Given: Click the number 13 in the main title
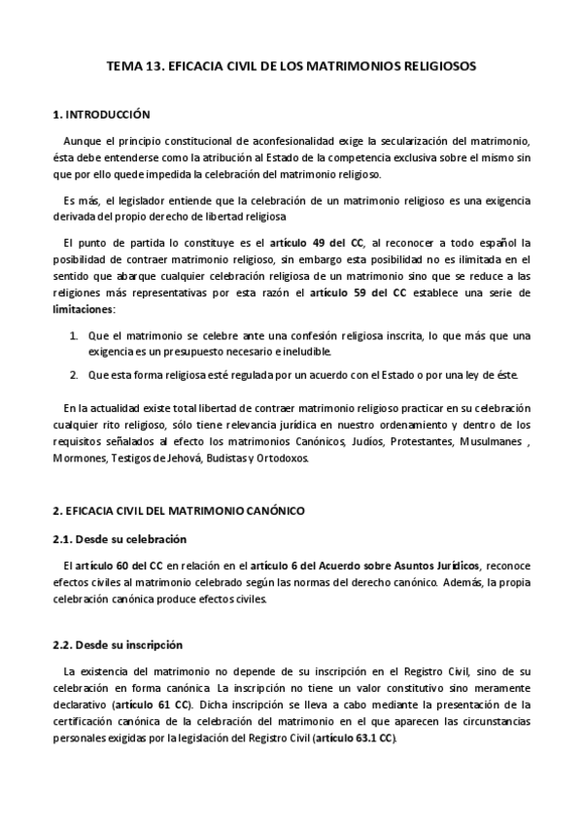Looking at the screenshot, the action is [x=151, y=69].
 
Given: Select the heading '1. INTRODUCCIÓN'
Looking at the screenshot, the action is [x=101, y=114].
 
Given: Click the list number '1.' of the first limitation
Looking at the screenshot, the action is [x=75, y=335].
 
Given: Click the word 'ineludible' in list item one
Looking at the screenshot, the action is [x=307, y=352].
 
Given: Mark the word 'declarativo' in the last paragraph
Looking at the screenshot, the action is [x=82, y=704].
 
